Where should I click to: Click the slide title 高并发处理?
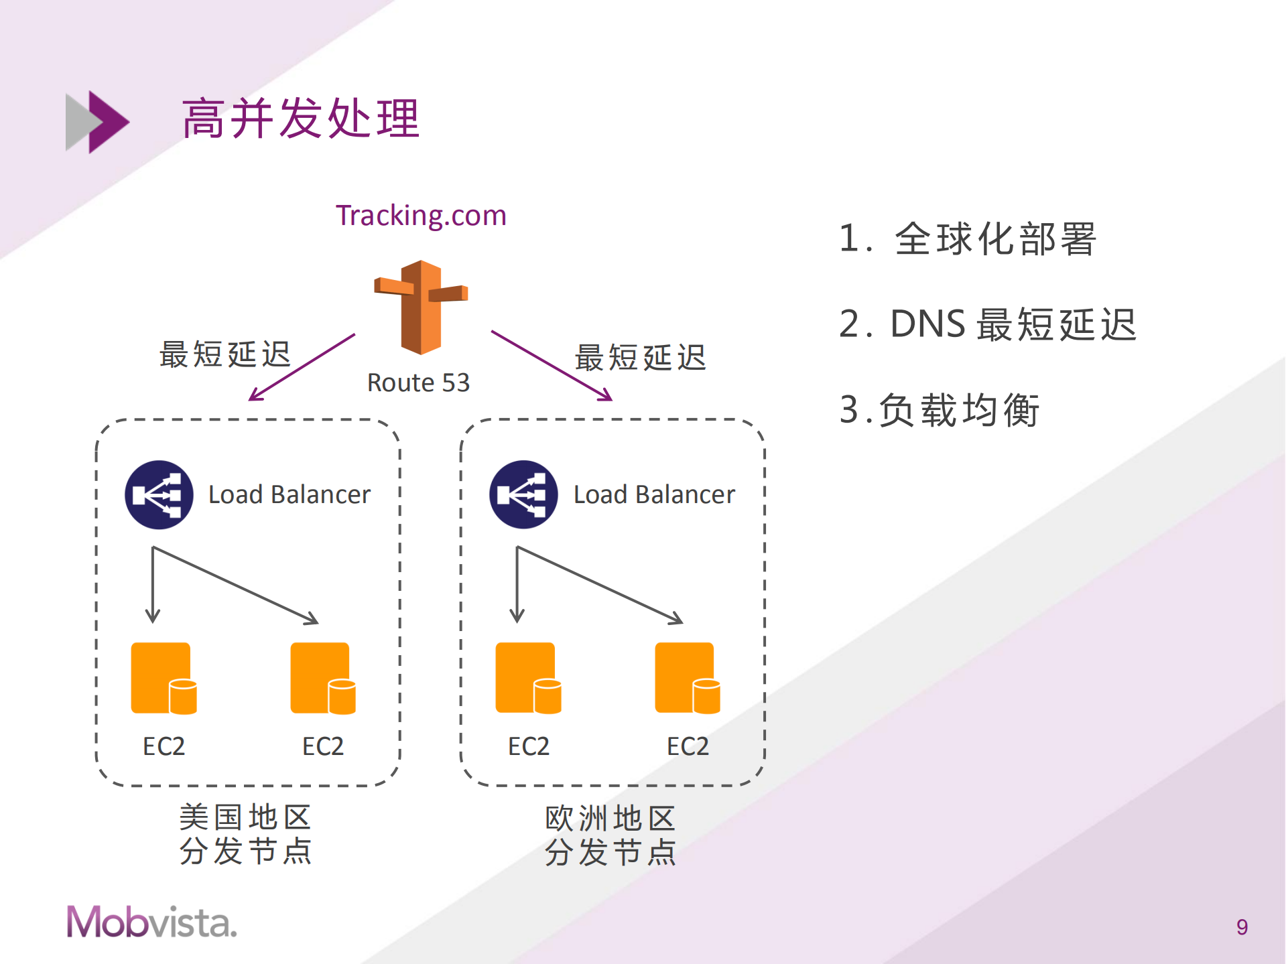[x=300, y=119]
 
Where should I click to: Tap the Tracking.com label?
[x=421, y=216]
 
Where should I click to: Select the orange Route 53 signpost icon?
[x=421, y=307]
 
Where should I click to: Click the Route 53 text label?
[x=418, y=383]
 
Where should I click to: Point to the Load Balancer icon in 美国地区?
[x=159, y=494]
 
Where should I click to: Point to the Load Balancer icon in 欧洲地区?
[x=523, y=494]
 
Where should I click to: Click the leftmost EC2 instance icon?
[x=164, y=678]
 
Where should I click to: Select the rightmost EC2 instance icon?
[x=688, y=678]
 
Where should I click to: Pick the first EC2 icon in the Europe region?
[x=528, y=678]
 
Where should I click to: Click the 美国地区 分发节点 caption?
[x=245, y=835]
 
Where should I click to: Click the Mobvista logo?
[x=151, y=922]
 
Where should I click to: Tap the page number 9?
[x=1242, y=927]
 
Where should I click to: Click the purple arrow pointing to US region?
[x=302, y=367]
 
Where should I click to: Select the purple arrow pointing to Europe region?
[x=551, y=366]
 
